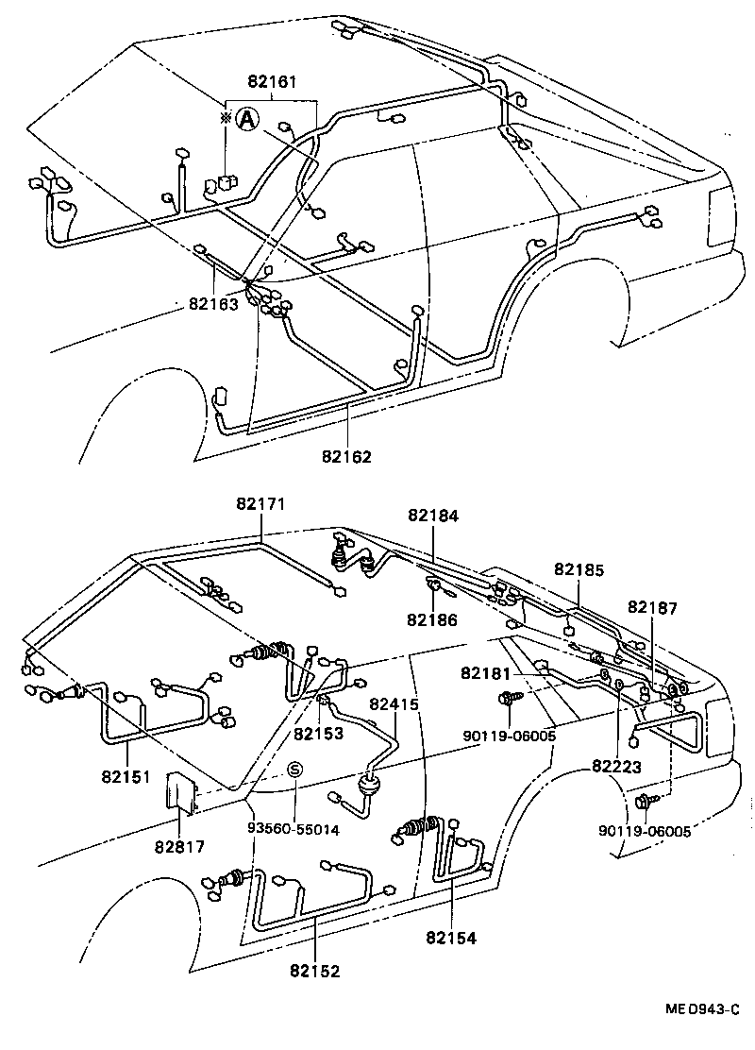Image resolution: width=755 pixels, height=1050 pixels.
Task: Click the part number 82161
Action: pyautogui.click(x=272, y=83)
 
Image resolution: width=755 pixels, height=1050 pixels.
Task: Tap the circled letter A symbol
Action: pyautogui.click(x=246, y=119)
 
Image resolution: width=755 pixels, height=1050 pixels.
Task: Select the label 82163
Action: pyautogui.click(x=213, y=304)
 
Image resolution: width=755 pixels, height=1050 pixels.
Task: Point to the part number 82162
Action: pyautogui.click(x=347, y=457)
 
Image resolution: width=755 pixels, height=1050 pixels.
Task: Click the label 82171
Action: pyautogui.click(x=260, y=506)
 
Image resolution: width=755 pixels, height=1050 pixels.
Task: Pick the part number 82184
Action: pyautogui.click(x=433, y=516)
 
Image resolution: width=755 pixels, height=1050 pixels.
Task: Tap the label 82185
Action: pyautogui.click(x=579, y=569)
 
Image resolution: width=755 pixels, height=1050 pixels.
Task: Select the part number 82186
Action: pyautogui.click(x=432, y=619)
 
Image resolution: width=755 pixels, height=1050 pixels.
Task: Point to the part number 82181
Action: pyautogui.click(x=486, y=673)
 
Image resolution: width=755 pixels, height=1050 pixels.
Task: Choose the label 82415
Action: pyautogui.click(x=394, y=703)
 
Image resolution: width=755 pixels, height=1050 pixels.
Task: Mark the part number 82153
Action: pyautogui.click(x=318, y=733)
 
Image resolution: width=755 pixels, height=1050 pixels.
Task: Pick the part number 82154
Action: pyautogui.click(x=450, y=938)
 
